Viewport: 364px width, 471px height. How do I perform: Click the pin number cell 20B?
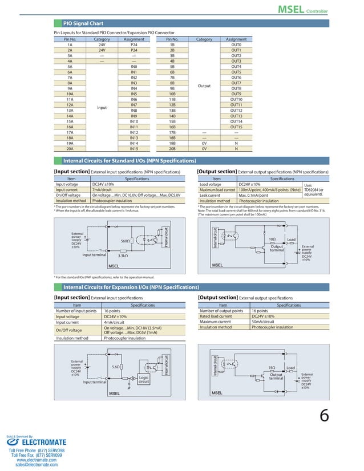click(x=172, y=148)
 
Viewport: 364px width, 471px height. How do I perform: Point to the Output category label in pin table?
click(x=204, y=86)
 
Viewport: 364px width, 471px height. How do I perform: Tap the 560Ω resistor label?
click(x=126, y=241)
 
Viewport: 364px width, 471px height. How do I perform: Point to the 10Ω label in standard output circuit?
click(x=272, y=239)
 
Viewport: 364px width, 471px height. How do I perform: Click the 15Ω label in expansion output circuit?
click(x=272, y=368)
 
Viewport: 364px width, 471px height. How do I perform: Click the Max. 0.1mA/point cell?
click(x=253, y=195)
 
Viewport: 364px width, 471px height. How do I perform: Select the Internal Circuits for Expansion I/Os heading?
click(x=131, y=286)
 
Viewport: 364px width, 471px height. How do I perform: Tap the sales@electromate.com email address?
click(x=37, y=465)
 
